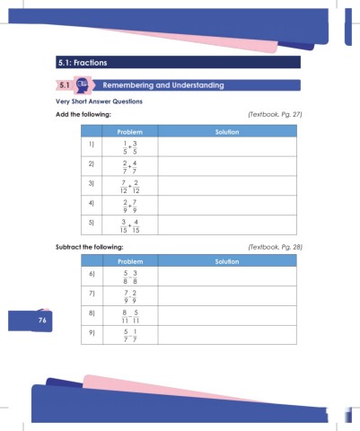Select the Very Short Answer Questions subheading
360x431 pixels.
point(99,103)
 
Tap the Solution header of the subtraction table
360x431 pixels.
point(226,261)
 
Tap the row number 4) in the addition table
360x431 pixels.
point(92,204)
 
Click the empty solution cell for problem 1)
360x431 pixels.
point(226,146)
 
